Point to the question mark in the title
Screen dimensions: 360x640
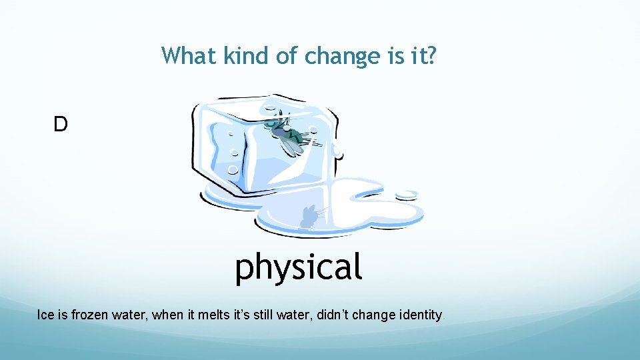pos(432,56)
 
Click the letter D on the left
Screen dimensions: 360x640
pos(61,124)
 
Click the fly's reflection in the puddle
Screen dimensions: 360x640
pos(308,217)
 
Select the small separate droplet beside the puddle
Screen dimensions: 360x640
pos(406,195)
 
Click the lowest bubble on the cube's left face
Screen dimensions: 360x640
pos(232,170)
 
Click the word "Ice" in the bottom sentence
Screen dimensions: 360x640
pos(45,315)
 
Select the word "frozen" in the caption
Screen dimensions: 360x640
pos(91,315)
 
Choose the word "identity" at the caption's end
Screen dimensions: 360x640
pos(420,315)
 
